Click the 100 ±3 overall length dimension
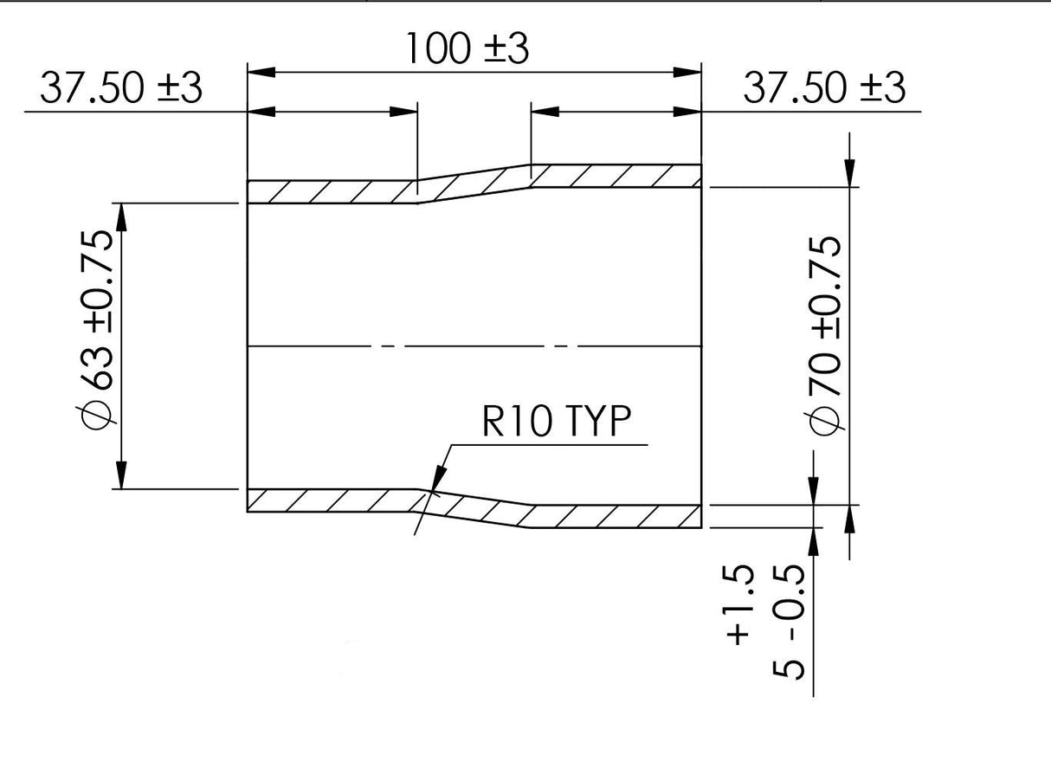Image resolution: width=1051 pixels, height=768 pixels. tap(467, 48)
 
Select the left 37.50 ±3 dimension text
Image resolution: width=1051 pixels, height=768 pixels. tap(121, 88)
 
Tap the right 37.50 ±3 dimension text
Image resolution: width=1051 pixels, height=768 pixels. tap(824, 88)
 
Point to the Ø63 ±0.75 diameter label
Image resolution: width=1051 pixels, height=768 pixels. tap(96, 332)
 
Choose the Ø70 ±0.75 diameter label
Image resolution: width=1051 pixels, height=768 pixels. tap(824, 335)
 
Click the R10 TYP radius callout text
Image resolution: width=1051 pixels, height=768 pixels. tap(557, 421)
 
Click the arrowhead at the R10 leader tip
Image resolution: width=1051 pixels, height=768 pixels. tap(437, 479)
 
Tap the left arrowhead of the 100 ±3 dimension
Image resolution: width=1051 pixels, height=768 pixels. tap(261, 72)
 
